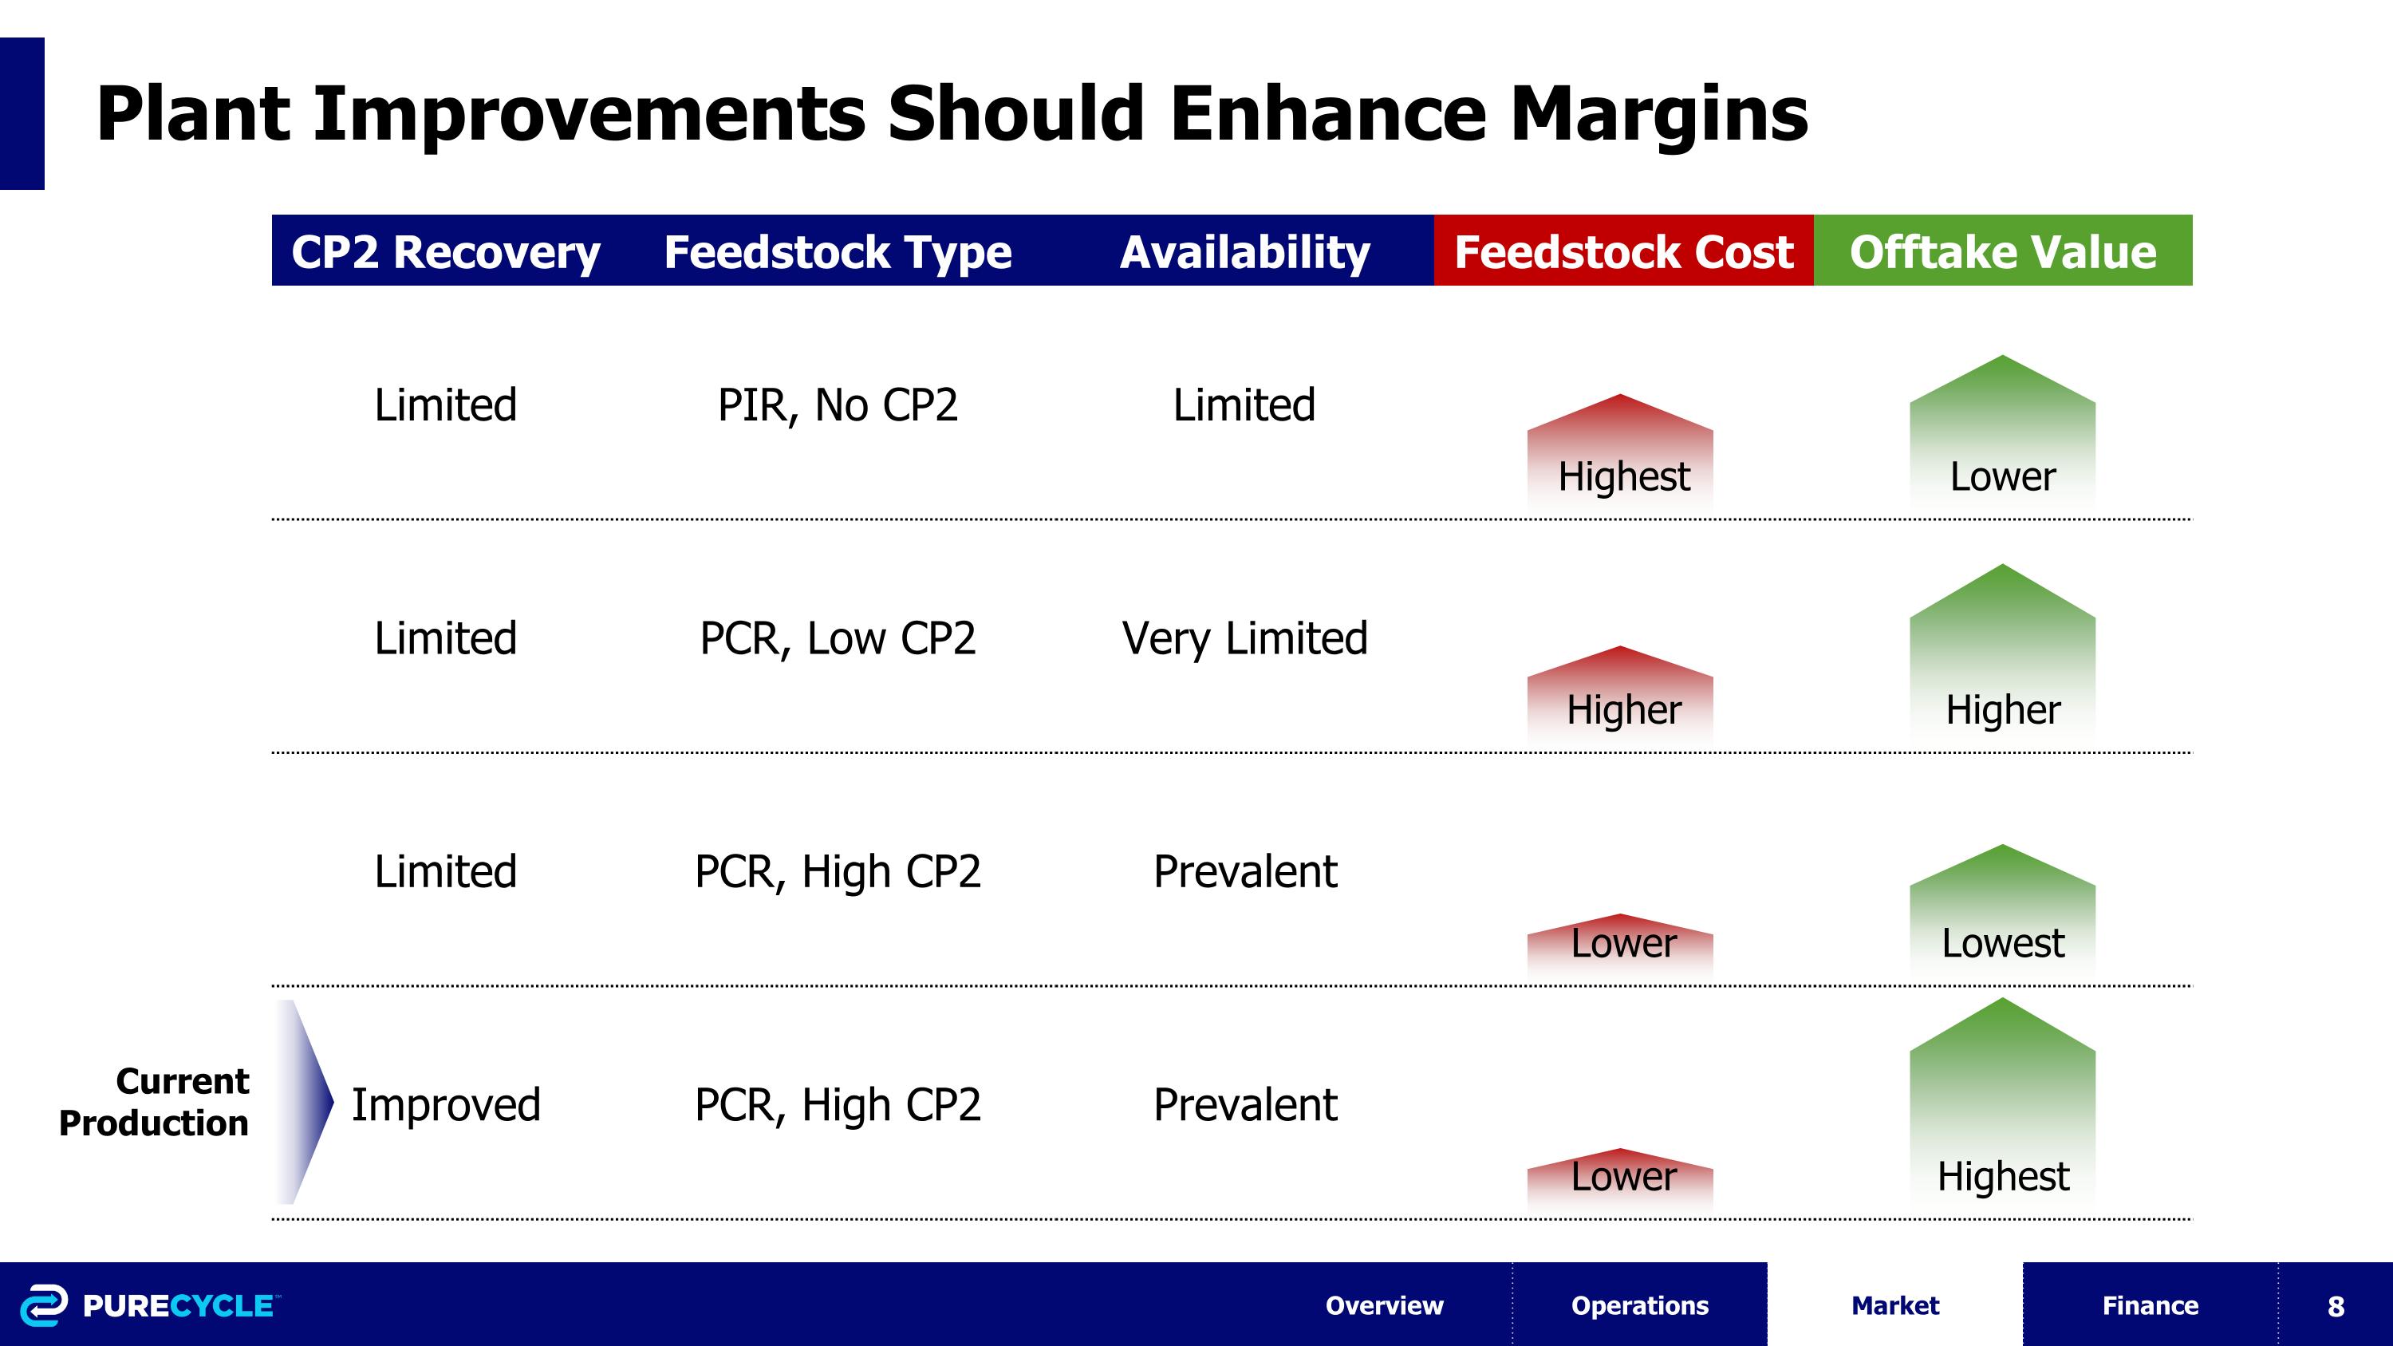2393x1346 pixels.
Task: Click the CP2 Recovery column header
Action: point(445,252)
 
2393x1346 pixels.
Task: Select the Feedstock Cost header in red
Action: point(1623,252)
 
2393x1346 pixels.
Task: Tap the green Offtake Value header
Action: point(2002,252)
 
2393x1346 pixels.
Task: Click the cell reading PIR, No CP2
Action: point(837,405)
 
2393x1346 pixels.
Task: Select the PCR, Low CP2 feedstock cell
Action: point(837,638)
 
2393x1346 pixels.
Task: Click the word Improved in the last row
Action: point(445,1104)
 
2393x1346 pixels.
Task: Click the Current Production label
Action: point(154,1102)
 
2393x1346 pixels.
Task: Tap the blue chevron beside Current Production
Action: point(305,1102)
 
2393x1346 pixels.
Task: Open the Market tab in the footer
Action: point(1894,1305)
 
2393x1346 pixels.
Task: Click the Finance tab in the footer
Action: point(2150,1305)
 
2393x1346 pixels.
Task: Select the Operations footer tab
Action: point(1640,1305)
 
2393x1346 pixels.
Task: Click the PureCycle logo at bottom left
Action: point(148,1305)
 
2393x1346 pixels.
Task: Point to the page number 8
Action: point(2336,1306)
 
